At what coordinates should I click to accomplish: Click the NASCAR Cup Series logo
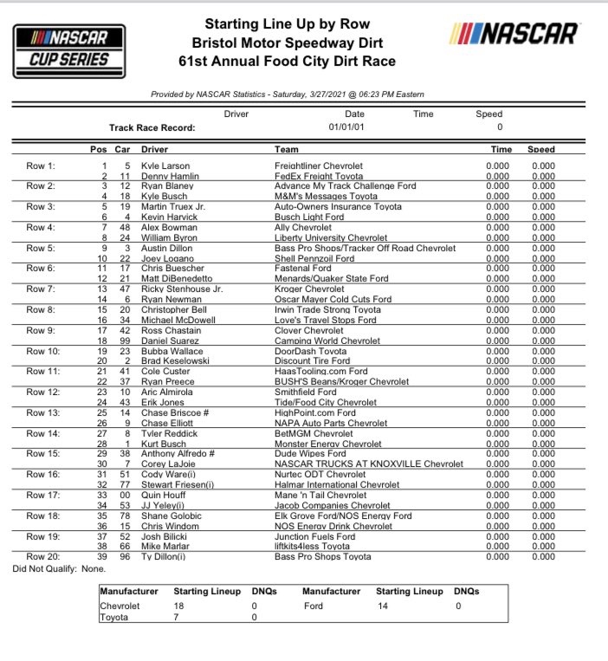[x=68, y=46]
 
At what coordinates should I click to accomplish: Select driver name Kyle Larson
[x=165, y=165]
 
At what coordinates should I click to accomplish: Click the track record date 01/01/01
[x=354, y=127]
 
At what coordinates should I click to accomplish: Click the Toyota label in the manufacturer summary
[x=115, y=618]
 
